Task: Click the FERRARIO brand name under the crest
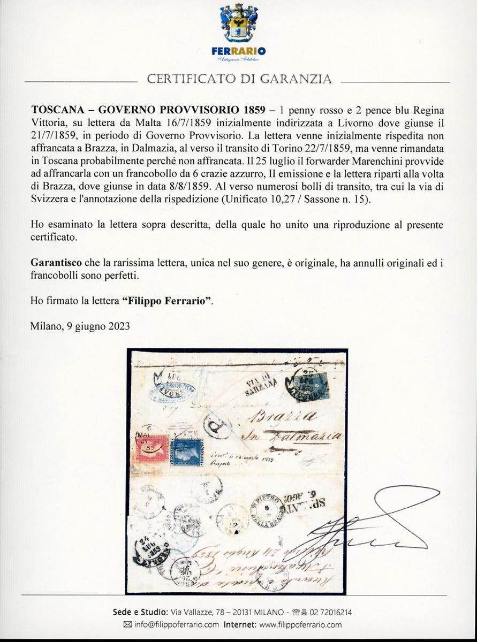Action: click(x=238, y=51)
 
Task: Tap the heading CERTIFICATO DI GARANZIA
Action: click(x=239, y=80)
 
